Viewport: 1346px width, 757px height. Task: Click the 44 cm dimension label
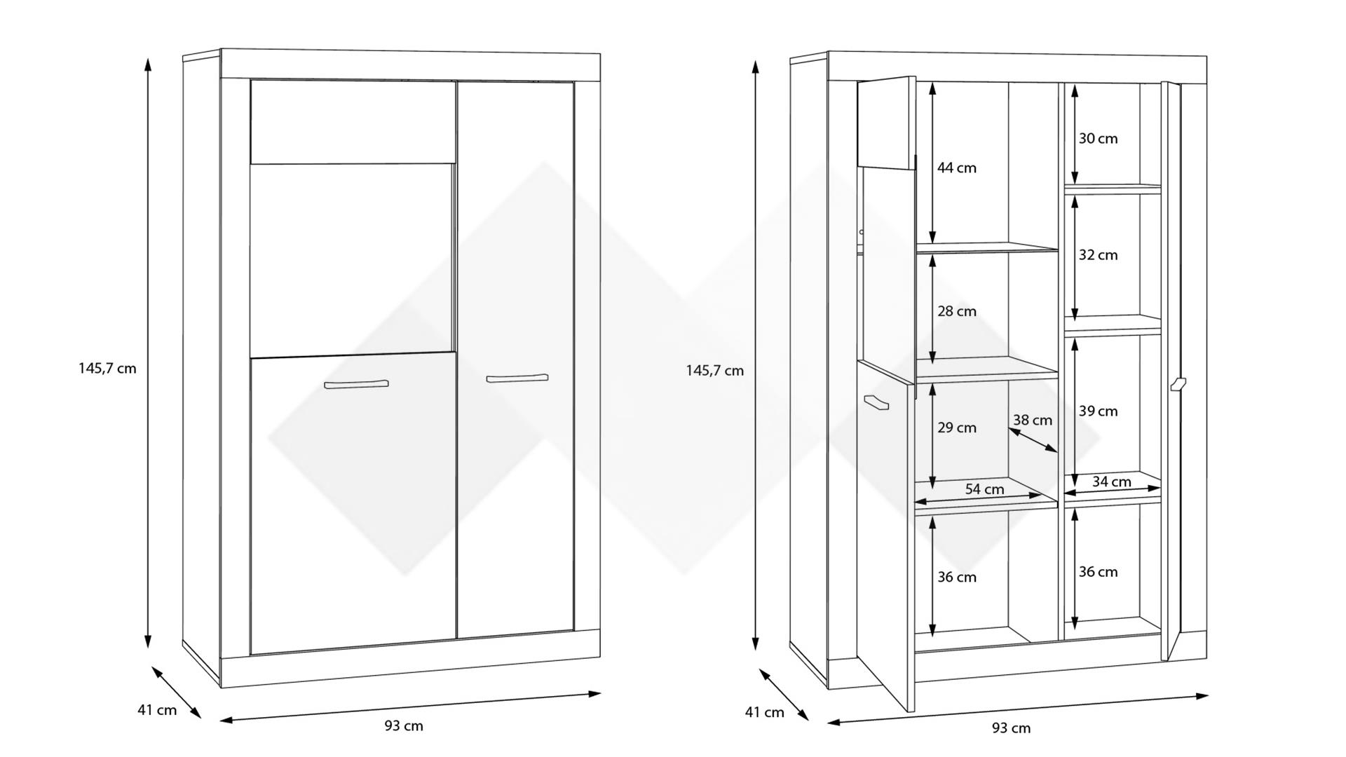(x=956, y=168)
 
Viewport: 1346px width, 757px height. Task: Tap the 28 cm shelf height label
(x=956, y=311)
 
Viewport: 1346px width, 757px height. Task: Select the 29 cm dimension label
(x=956, y=428)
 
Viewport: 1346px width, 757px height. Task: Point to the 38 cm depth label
(x=1032, y=421)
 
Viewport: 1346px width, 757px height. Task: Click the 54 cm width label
(x=984, y=489)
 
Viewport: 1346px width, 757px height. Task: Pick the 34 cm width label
(x=1111, y=482)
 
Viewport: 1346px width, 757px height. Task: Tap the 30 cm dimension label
(x=1098, y=139)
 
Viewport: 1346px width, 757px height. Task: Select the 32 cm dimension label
(x=1098, y=255)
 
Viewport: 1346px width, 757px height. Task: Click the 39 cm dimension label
(x=1098, y=411)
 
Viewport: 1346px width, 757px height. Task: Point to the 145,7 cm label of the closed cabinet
(x=107, y=369)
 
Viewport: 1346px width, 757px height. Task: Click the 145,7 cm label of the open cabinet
(x=714, y=371)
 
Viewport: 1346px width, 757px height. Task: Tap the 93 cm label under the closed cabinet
(x=404, y=726)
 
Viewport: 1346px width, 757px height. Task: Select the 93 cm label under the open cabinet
(x=1011, y=728)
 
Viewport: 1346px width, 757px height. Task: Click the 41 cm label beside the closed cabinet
(x=157, y=710)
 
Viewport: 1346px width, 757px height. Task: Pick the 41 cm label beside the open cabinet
(x=764, y=713)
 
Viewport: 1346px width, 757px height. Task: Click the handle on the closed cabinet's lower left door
(x=356, y=384)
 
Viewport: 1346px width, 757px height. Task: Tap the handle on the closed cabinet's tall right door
(x=517, y=378)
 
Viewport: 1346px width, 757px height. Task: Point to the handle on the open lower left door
(x=876, y=402)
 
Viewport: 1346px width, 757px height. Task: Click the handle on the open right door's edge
(x=1177, y=384)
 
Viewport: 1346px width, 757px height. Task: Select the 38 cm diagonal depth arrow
(x=1033, y=440)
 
